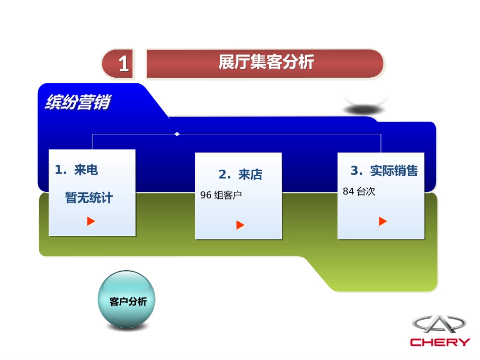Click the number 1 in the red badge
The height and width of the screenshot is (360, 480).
123,65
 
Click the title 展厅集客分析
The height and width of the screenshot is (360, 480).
266,63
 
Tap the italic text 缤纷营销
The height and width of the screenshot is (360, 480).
77,102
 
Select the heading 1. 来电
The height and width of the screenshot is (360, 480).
76,170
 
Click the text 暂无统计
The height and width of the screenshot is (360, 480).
89,198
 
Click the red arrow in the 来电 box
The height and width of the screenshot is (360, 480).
91,221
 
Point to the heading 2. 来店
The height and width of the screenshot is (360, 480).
241,175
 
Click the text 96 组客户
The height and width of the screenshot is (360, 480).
221,195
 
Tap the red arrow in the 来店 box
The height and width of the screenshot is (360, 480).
241,225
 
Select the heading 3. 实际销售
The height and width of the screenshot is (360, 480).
384,171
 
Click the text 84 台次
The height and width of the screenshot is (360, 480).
359,191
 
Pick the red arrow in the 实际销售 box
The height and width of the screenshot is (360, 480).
383,221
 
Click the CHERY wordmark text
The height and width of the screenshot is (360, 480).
440,342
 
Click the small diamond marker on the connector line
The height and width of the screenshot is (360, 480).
177,134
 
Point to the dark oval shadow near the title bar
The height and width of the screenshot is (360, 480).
365,109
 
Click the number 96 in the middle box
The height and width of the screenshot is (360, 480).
206,195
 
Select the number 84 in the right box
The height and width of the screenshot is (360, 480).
348,191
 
